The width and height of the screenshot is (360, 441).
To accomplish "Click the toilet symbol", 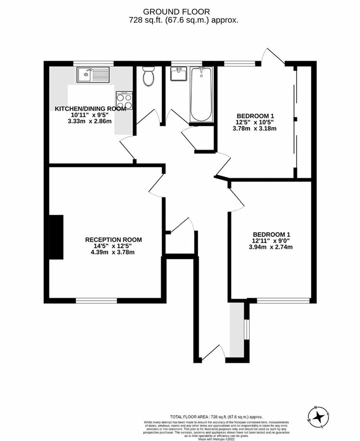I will coord(148,76).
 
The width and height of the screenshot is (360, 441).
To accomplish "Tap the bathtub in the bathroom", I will coord(201,94).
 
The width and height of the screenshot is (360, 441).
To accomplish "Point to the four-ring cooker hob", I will coord(124,100).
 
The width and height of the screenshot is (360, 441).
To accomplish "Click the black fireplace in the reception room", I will coord(56,237).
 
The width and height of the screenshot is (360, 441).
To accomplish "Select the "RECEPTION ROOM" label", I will coord(113,240).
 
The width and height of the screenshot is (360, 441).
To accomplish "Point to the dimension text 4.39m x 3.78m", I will coord(113,252).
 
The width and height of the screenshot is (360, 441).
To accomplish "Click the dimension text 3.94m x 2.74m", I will coord(271,247).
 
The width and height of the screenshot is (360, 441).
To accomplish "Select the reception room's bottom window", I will coord(96,301).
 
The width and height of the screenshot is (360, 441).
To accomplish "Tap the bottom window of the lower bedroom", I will coord(283,301).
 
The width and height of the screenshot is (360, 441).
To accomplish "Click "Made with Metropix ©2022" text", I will coord(217,439).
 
